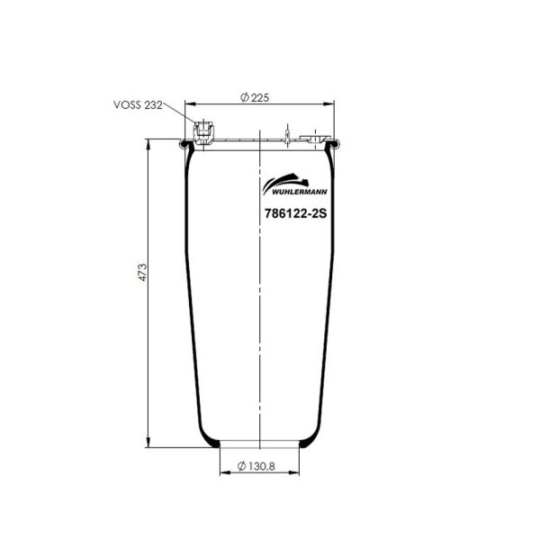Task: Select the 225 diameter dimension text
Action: click(261, 97)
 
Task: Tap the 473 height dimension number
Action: click(142, 274)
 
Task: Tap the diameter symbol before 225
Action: click(245, 97)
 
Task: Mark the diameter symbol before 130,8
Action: click(243, 465)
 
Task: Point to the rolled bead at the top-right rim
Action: click(336, 143)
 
